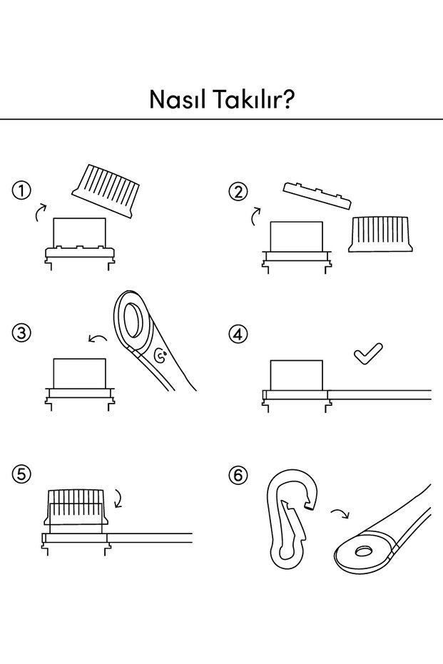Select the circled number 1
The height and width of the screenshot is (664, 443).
tap(21, 191)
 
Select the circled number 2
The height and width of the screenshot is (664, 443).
tap(238, 193)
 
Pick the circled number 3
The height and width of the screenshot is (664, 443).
tap(21, 332)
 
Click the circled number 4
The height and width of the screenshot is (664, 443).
tap(238, 334)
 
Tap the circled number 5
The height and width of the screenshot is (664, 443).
tap(21, 474)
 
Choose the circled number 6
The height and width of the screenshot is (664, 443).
tap(238, 475)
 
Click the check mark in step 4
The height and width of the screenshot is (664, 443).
tap(367, 354)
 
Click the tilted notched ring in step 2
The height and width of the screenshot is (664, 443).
tap(317, 195)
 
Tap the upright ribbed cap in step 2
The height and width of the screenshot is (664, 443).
tap(380, 234)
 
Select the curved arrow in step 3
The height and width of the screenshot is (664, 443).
tap(98, 337)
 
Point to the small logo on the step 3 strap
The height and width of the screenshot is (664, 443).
tap(160, 356)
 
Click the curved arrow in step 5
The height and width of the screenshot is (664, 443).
tap(118, 499)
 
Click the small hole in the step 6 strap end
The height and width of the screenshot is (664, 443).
tap(363, 551)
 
